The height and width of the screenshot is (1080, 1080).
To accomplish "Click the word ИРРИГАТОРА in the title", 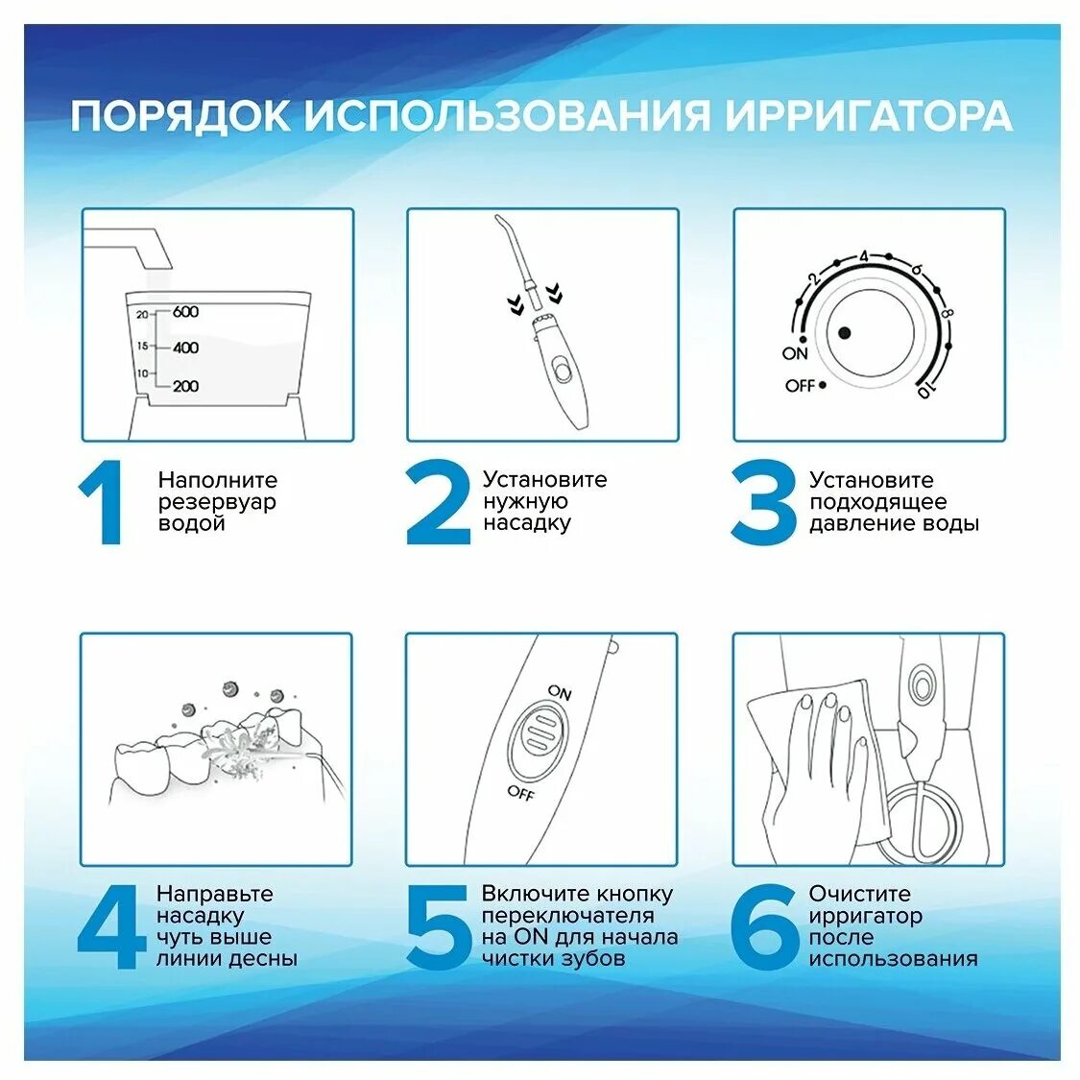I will [x=868, y=116].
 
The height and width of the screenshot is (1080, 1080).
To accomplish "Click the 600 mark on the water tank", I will [x=185, y=312].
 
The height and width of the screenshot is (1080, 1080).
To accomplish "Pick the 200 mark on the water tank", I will [x=185, y=386].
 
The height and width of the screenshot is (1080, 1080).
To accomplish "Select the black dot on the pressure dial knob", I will [x=844, y=333].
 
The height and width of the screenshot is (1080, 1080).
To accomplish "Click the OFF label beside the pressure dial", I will [x=800, y=386].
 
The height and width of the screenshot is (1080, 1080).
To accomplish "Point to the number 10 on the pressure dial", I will [x=924, y=391].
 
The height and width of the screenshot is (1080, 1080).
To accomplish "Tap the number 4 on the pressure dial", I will [x=863, y=256].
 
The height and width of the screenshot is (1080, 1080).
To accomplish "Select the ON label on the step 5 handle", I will [x=560, y=692].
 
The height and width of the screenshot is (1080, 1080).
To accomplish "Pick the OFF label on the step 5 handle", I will [x=520, y=792].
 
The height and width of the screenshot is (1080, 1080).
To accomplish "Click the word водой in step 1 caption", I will [x=191, y=524].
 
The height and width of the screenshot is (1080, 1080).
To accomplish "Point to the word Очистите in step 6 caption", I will [x=859, y=894].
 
